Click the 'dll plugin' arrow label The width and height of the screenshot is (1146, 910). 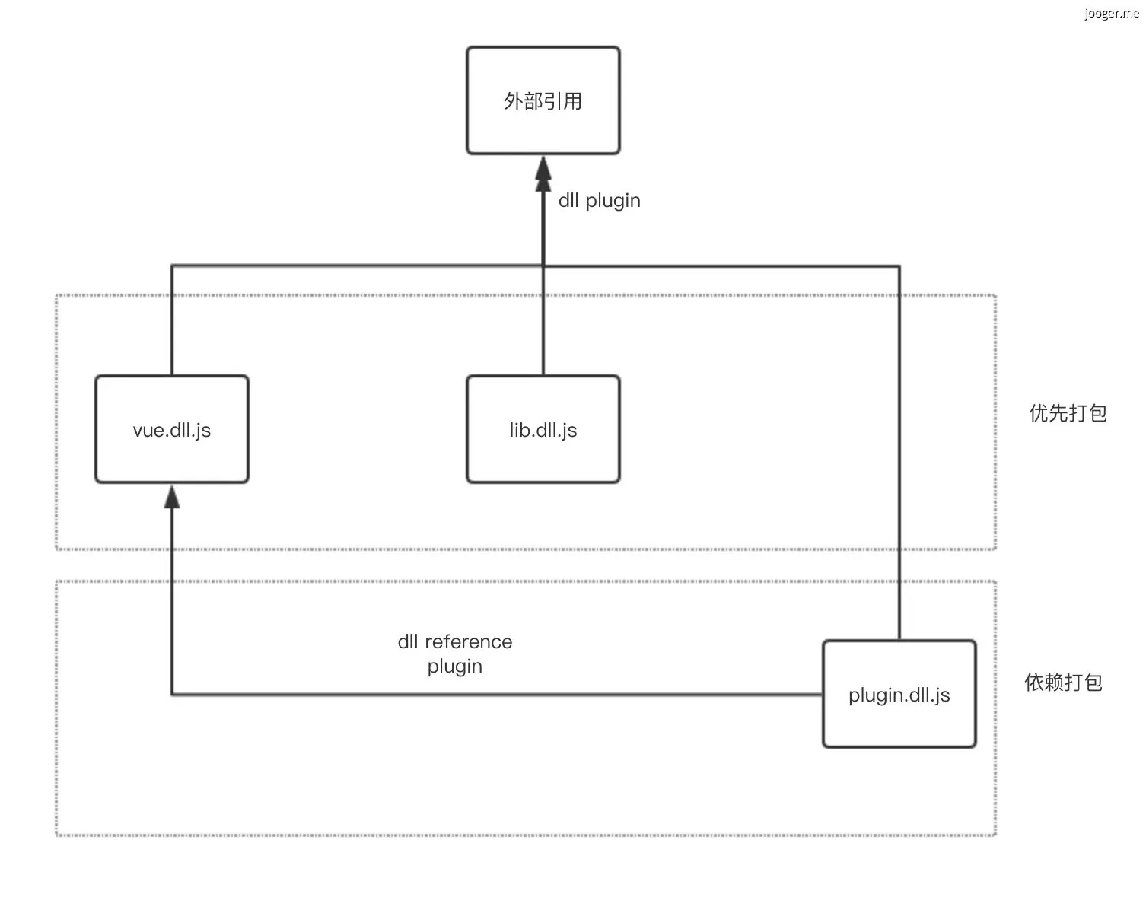pos(599,201)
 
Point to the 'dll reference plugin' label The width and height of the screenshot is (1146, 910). pos(455,654)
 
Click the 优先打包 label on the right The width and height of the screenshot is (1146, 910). pos(1068,413)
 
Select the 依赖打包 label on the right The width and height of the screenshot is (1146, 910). pos(1063,682)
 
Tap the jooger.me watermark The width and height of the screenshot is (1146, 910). pos(1112,14)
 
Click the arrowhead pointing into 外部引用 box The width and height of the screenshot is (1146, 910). pos(543,173)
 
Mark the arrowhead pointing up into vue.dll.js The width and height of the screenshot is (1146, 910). pos(172,497)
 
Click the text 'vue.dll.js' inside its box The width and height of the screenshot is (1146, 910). pos(172,430)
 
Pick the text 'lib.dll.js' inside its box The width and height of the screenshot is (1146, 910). pos(543,430)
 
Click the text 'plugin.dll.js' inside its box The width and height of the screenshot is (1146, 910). pos(899,695)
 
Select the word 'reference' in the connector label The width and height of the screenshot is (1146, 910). pos(468,641)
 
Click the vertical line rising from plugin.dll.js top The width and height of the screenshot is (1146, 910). pos(899,457)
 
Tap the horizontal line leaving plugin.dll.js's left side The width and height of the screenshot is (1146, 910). pos(495,694)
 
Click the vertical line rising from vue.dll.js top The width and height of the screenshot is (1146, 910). pos(172,320)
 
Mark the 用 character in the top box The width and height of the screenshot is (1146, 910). pos(573,101)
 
